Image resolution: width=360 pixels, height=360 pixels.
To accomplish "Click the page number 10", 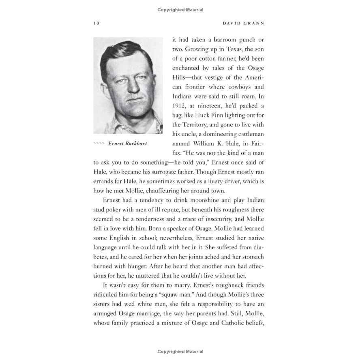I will click(96, 23).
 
